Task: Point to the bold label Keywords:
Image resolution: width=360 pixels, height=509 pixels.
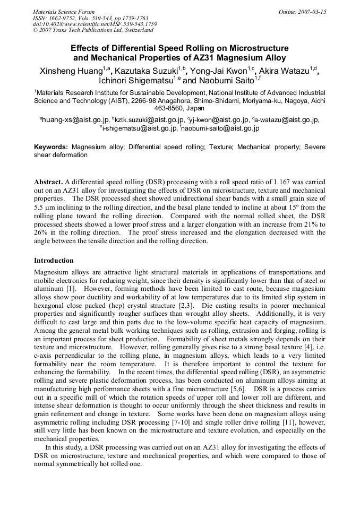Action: coord(51,146)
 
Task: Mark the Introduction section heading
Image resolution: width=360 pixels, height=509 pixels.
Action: coord(54,261)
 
